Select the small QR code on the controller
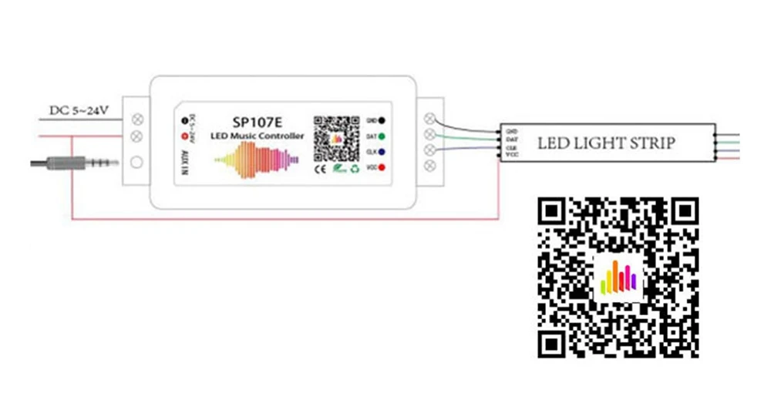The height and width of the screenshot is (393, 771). (x=337, y=134)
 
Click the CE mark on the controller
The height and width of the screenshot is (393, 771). (x=319, y=166)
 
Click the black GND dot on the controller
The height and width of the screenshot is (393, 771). (x=382, y=121)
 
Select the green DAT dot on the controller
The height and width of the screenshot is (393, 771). (x=382, y=136)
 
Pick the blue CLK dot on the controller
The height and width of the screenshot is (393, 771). (x=382, y=151)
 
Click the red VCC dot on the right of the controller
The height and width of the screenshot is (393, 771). (x=382, y=166)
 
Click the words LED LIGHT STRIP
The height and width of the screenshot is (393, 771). (x=606, y=143)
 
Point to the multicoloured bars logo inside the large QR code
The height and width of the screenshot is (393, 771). (x=618, y=277)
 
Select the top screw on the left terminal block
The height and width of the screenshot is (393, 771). (x=137, y=119)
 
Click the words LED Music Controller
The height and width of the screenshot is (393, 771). (x=257, y=136)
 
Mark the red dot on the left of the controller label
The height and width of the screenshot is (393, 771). (x=186, y=136)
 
